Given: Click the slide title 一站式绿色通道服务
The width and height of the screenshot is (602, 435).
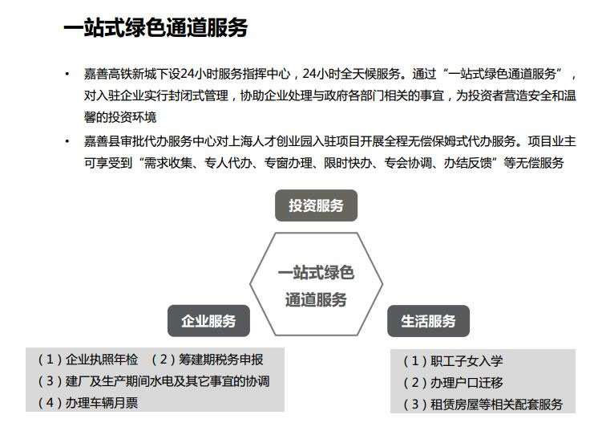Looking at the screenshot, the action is pos(156,27).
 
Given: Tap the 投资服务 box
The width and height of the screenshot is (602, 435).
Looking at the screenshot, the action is pos(316,205).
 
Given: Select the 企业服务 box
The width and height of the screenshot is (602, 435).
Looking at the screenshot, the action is pos(208,321).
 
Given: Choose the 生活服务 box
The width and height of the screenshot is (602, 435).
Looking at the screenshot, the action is pos(428,321).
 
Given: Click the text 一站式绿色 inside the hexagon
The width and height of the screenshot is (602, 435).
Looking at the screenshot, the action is pos(316,272).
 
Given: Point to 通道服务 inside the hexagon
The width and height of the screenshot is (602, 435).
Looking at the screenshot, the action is pos(316,299).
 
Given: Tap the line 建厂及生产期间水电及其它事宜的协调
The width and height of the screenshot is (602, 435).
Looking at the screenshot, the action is pos(154,380).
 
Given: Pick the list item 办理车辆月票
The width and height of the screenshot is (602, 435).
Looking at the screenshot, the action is pos(88,402).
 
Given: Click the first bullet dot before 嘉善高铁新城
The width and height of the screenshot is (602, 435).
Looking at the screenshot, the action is pos(67,74).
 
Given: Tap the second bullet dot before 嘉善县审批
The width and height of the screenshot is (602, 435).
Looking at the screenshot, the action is pos(67,141).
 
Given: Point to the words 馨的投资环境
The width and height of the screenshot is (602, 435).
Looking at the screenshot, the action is pos(120,117).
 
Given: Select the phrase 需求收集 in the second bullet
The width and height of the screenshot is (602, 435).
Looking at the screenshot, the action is pos(168,163).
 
